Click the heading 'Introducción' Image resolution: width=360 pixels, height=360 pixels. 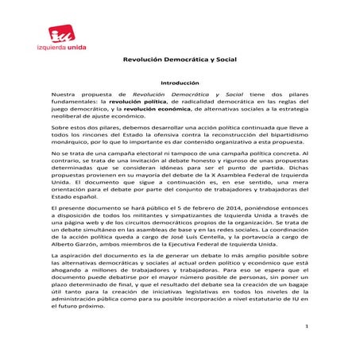pos(180,83)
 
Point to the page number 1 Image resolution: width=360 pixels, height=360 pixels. pos(315,326)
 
